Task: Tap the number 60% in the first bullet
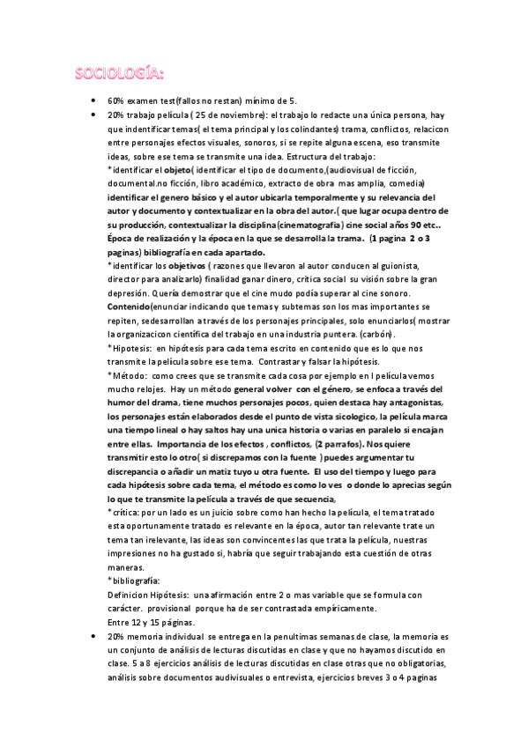(x=115, y=101)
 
